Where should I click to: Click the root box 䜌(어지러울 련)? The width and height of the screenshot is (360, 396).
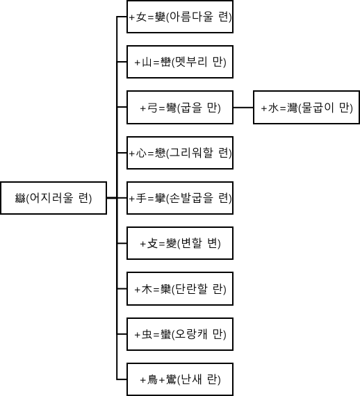54,199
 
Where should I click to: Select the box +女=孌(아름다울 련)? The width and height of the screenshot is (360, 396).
180,17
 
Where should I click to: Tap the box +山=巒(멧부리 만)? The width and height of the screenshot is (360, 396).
180,63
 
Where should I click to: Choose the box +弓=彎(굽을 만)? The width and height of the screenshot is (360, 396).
180,108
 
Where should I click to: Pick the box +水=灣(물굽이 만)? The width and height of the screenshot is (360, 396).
306,108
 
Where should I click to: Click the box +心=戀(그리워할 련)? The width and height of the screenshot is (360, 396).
180,153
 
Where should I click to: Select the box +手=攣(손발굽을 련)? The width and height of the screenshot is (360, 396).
180,198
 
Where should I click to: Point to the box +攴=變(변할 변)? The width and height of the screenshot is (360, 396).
180,243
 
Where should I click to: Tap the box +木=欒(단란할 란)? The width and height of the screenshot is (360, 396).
180,288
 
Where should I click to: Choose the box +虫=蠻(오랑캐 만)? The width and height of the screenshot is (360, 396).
180,333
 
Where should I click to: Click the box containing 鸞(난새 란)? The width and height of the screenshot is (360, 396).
180,379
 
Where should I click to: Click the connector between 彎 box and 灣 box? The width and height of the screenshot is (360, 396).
243,108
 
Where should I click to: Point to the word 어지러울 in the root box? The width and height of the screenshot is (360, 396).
54,199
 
